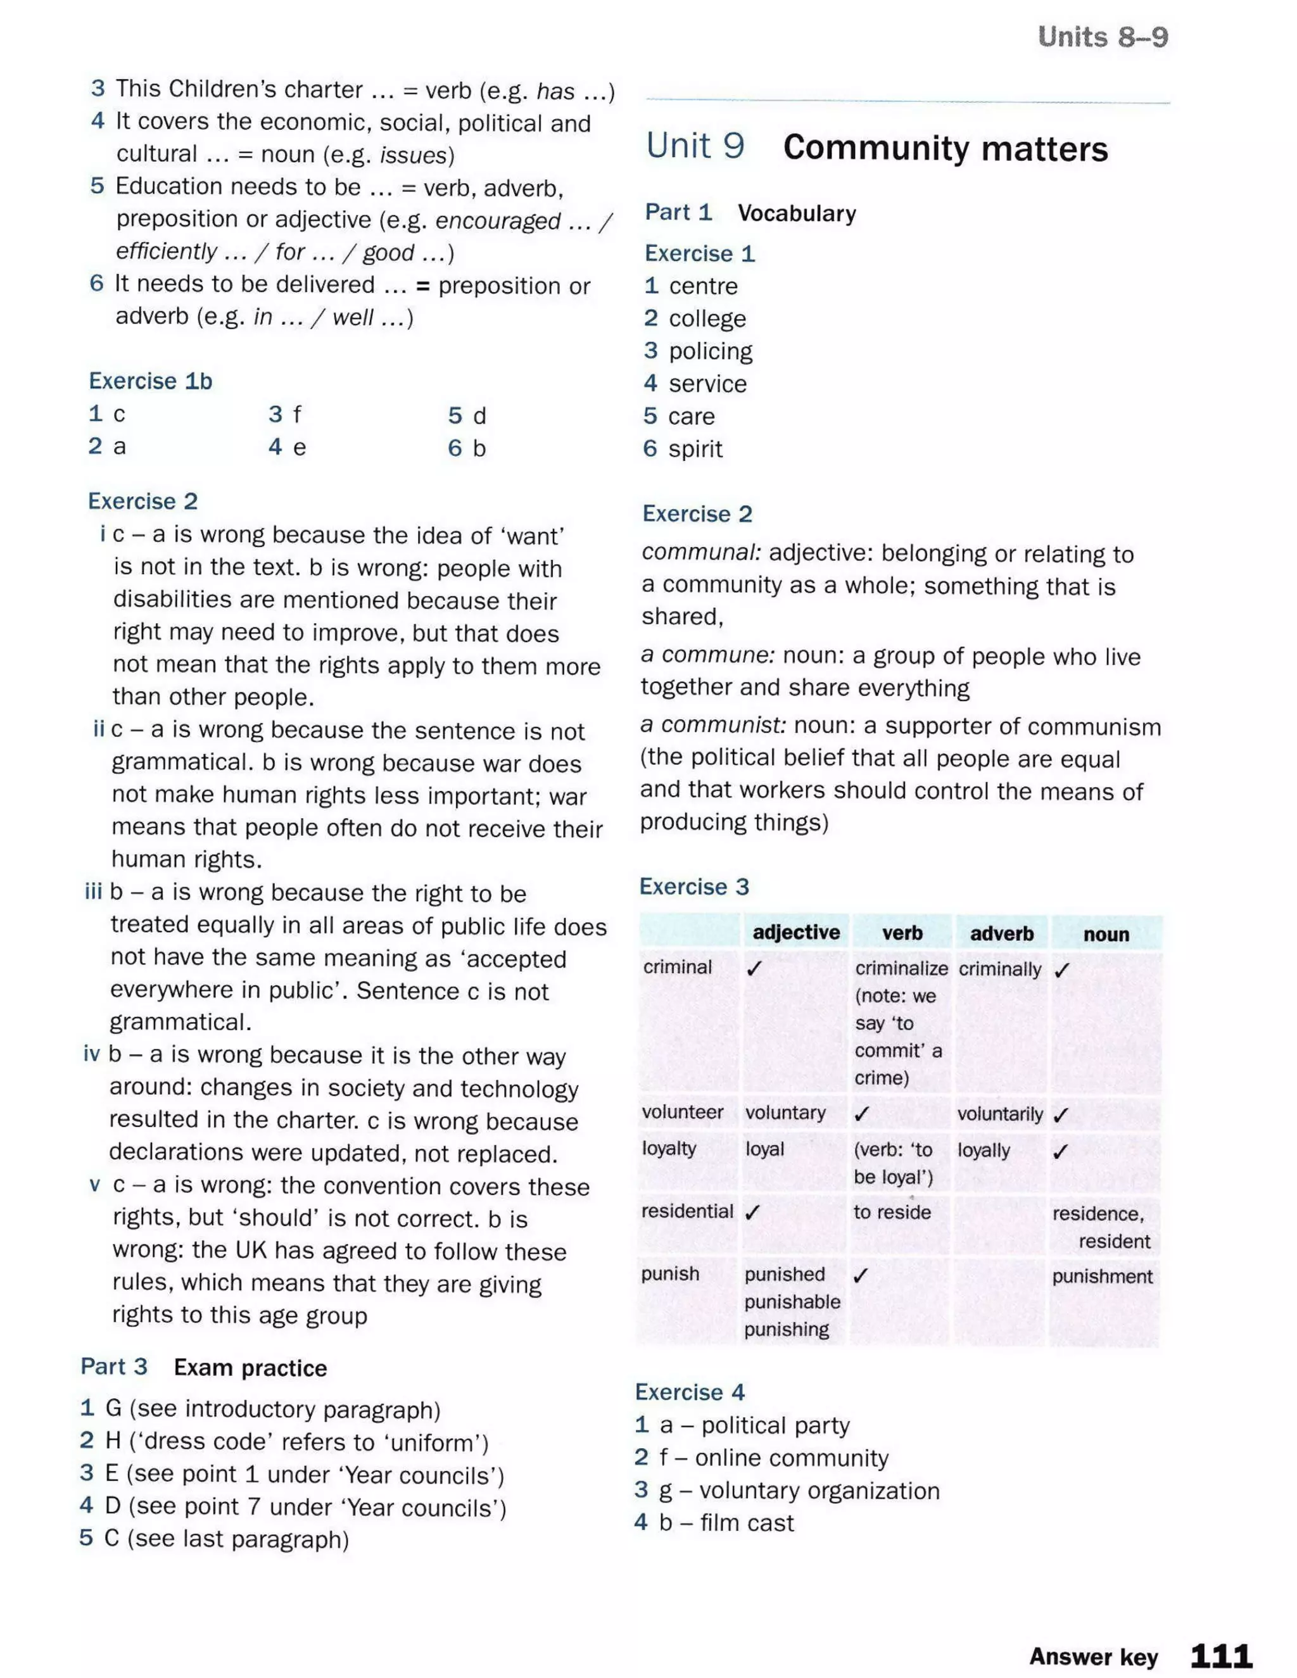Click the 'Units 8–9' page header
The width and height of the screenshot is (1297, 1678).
(x=1102, y=36)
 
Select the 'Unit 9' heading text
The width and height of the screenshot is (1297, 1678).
(x=695, y=146)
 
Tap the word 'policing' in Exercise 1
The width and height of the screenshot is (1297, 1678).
(x=710, y=351)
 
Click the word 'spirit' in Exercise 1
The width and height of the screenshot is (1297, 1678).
(x=695, y=449)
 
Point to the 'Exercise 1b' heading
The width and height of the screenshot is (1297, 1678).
(x=151, y=381)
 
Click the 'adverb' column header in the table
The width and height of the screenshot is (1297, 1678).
(x=1001, y=933)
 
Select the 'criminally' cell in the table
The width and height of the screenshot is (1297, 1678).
(x=999, y=969)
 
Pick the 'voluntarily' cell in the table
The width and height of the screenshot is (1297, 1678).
(x=999, y=1114)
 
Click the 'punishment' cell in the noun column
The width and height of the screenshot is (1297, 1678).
(x=1102, y=1276)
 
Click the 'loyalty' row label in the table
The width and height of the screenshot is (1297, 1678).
(x=669, y=1149)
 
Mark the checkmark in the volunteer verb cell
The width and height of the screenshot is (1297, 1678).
(x=862, y=1113)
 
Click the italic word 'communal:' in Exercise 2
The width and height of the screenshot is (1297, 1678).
(x=701, y=552)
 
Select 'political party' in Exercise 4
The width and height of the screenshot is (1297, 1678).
(x=775, y=1426)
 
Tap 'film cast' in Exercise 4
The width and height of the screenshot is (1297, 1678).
(x=746, y=1523)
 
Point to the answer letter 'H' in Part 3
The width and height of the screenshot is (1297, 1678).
(x=113, y=1441)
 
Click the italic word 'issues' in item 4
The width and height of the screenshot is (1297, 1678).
(x=414, y=155)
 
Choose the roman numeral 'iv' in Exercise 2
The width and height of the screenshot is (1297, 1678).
(x=91, y=1054)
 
